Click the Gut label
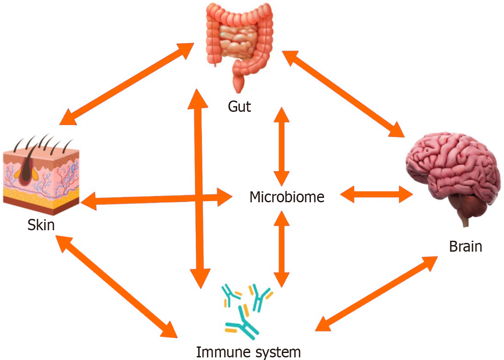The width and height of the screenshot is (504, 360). point(239,107)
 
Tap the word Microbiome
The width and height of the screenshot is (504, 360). point(287,197)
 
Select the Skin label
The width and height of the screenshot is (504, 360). point(41,225)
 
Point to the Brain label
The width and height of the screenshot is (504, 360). point(465,246)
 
